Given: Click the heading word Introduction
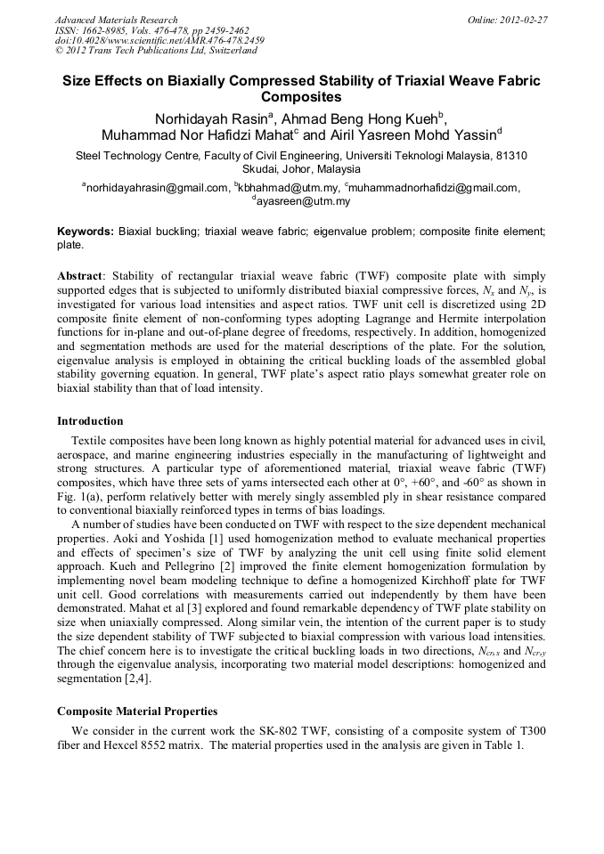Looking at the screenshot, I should click(90, 421).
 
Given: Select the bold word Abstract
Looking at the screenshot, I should click(80, 276).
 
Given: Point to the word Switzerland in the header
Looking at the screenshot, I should click(226, 51).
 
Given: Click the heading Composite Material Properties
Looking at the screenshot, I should click(137, 711).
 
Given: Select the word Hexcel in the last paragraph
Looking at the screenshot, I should click(117, 744).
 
